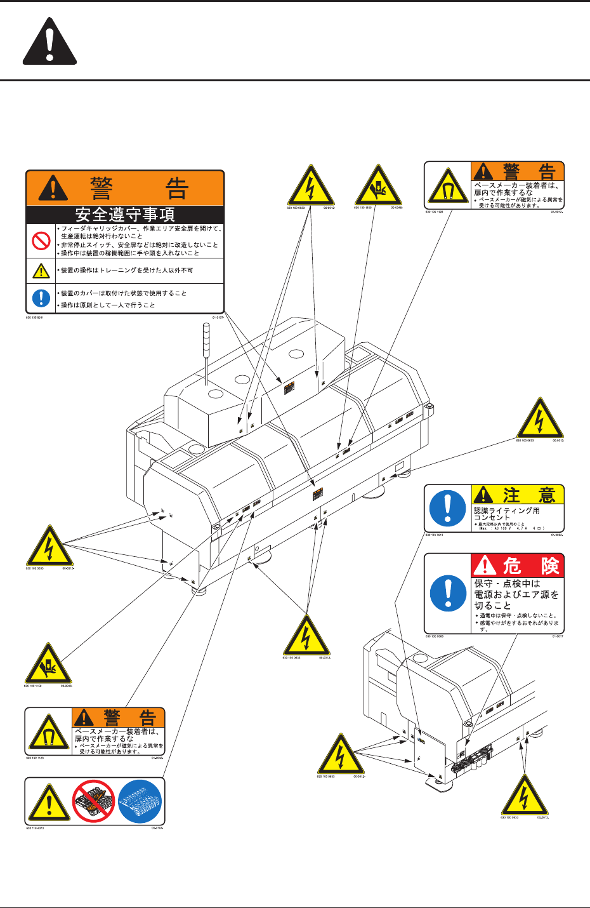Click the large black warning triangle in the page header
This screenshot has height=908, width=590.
click(49, 43)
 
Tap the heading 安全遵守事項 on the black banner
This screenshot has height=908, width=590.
click(125, 215)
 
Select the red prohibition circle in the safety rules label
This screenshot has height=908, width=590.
click(41, 239)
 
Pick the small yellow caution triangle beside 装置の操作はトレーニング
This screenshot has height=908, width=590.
click(41, 271)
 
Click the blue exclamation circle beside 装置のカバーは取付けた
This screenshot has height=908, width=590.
click(41, 298)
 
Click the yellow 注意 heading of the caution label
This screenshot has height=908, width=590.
click(517, 494)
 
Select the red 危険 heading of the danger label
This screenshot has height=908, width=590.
click(517, 564)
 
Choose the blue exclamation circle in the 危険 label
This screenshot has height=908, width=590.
click(448, 592)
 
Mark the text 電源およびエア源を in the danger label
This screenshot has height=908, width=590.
click(516, 595)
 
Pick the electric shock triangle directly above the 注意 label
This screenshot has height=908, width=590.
click(541, 419)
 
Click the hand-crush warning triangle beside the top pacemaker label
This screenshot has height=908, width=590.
click(378, 185)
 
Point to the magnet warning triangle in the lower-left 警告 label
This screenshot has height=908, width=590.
click(48, 733)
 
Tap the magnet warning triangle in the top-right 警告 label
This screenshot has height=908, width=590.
click(448, 186)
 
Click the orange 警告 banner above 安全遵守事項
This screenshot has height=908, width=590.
click(125, 188)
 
